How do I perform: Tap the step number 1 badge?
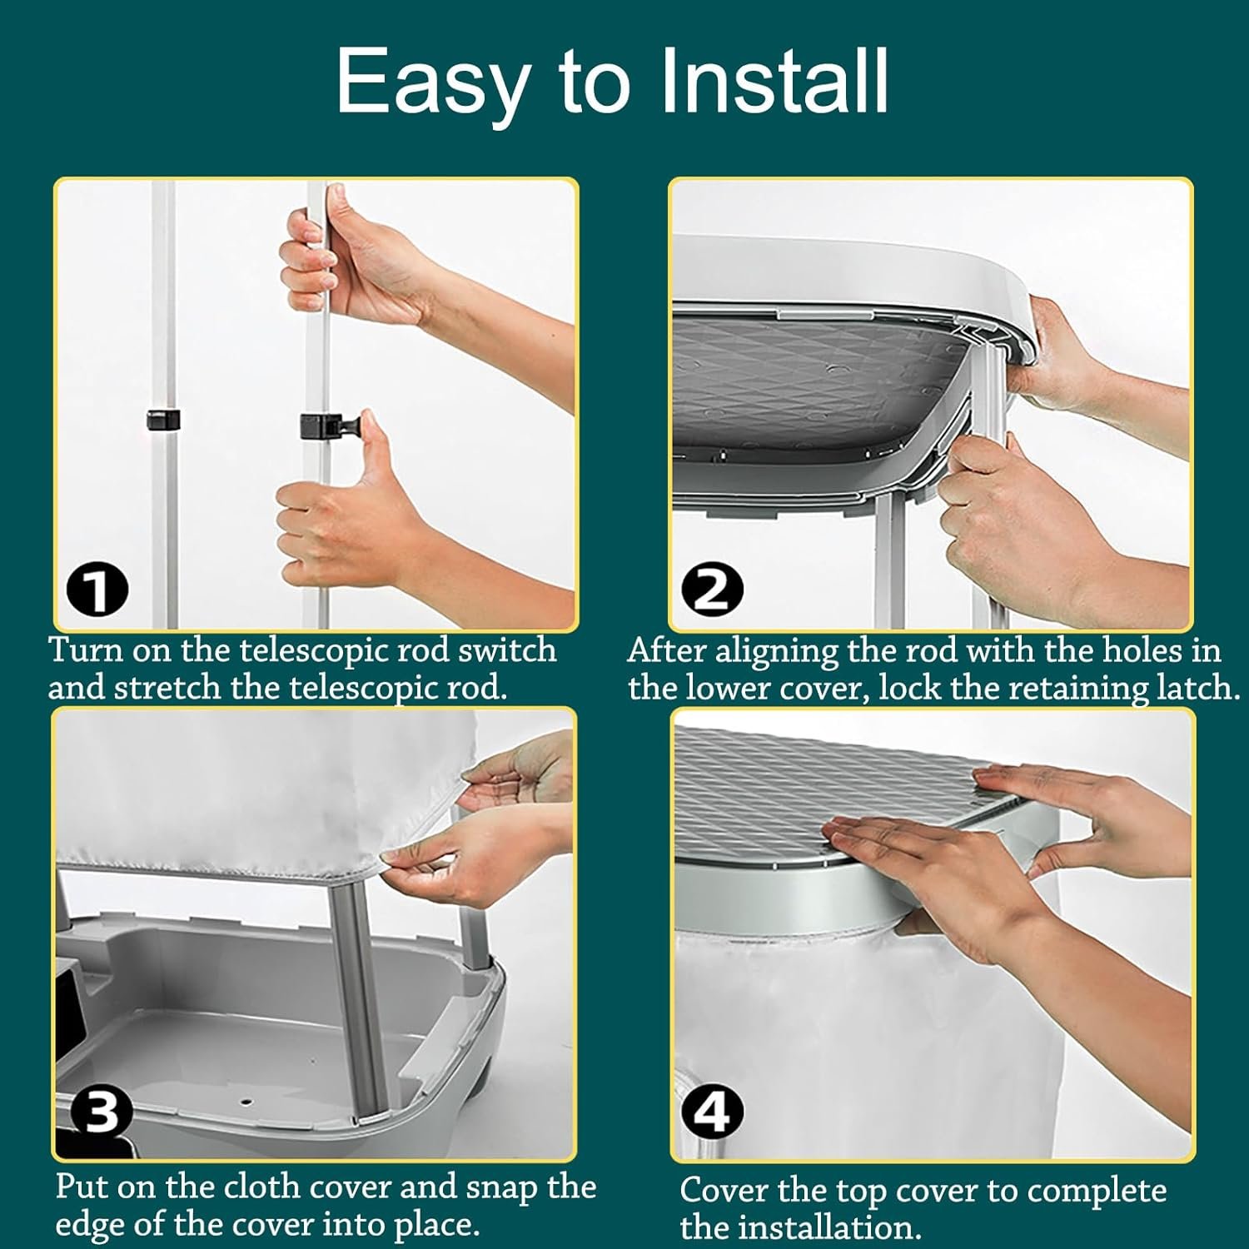pos(97,590)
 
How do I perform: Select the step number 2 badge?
pos(712,589)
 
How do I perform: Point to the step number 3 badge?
pos(101,1112)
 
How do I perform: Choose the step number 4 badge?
pos(713,1112)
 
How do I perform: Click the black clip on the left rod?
pos(164,420)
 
